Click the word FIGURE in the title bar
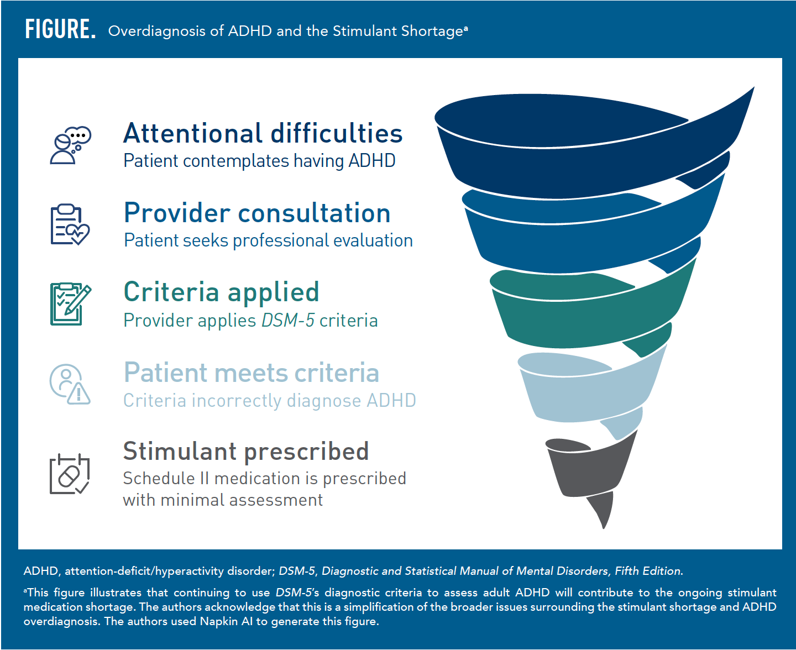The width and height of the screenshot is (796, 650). pos(60,29)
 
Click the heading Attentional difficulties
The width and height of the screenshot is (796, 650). pos(263,134)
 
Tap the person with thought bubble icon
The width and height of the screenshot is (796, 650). pos(70,145)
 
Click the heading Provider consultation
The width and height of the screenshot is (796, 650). pos(257,213)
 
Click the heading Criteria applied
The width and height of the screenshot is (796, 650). pos(221,292)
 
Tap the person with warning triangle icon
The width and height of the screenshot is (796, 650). pos(70,384)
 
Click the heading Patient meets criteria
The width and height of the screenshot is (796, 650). pos(252,373)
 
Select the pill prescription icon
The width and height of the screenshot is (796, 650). pos(70,474)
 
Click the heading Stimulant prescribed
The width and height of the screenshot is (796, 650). pos(245,452)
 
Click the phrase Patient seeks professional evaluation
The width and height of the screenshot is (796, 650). pos(268,241)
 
